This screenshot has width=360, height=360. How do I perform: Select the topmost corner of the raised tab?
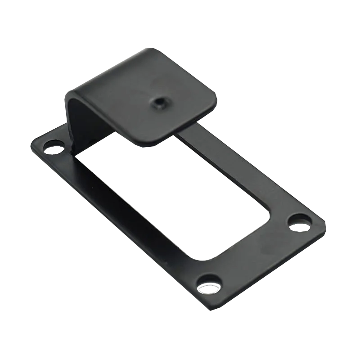pyautogui.click(x=151, y=48)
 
